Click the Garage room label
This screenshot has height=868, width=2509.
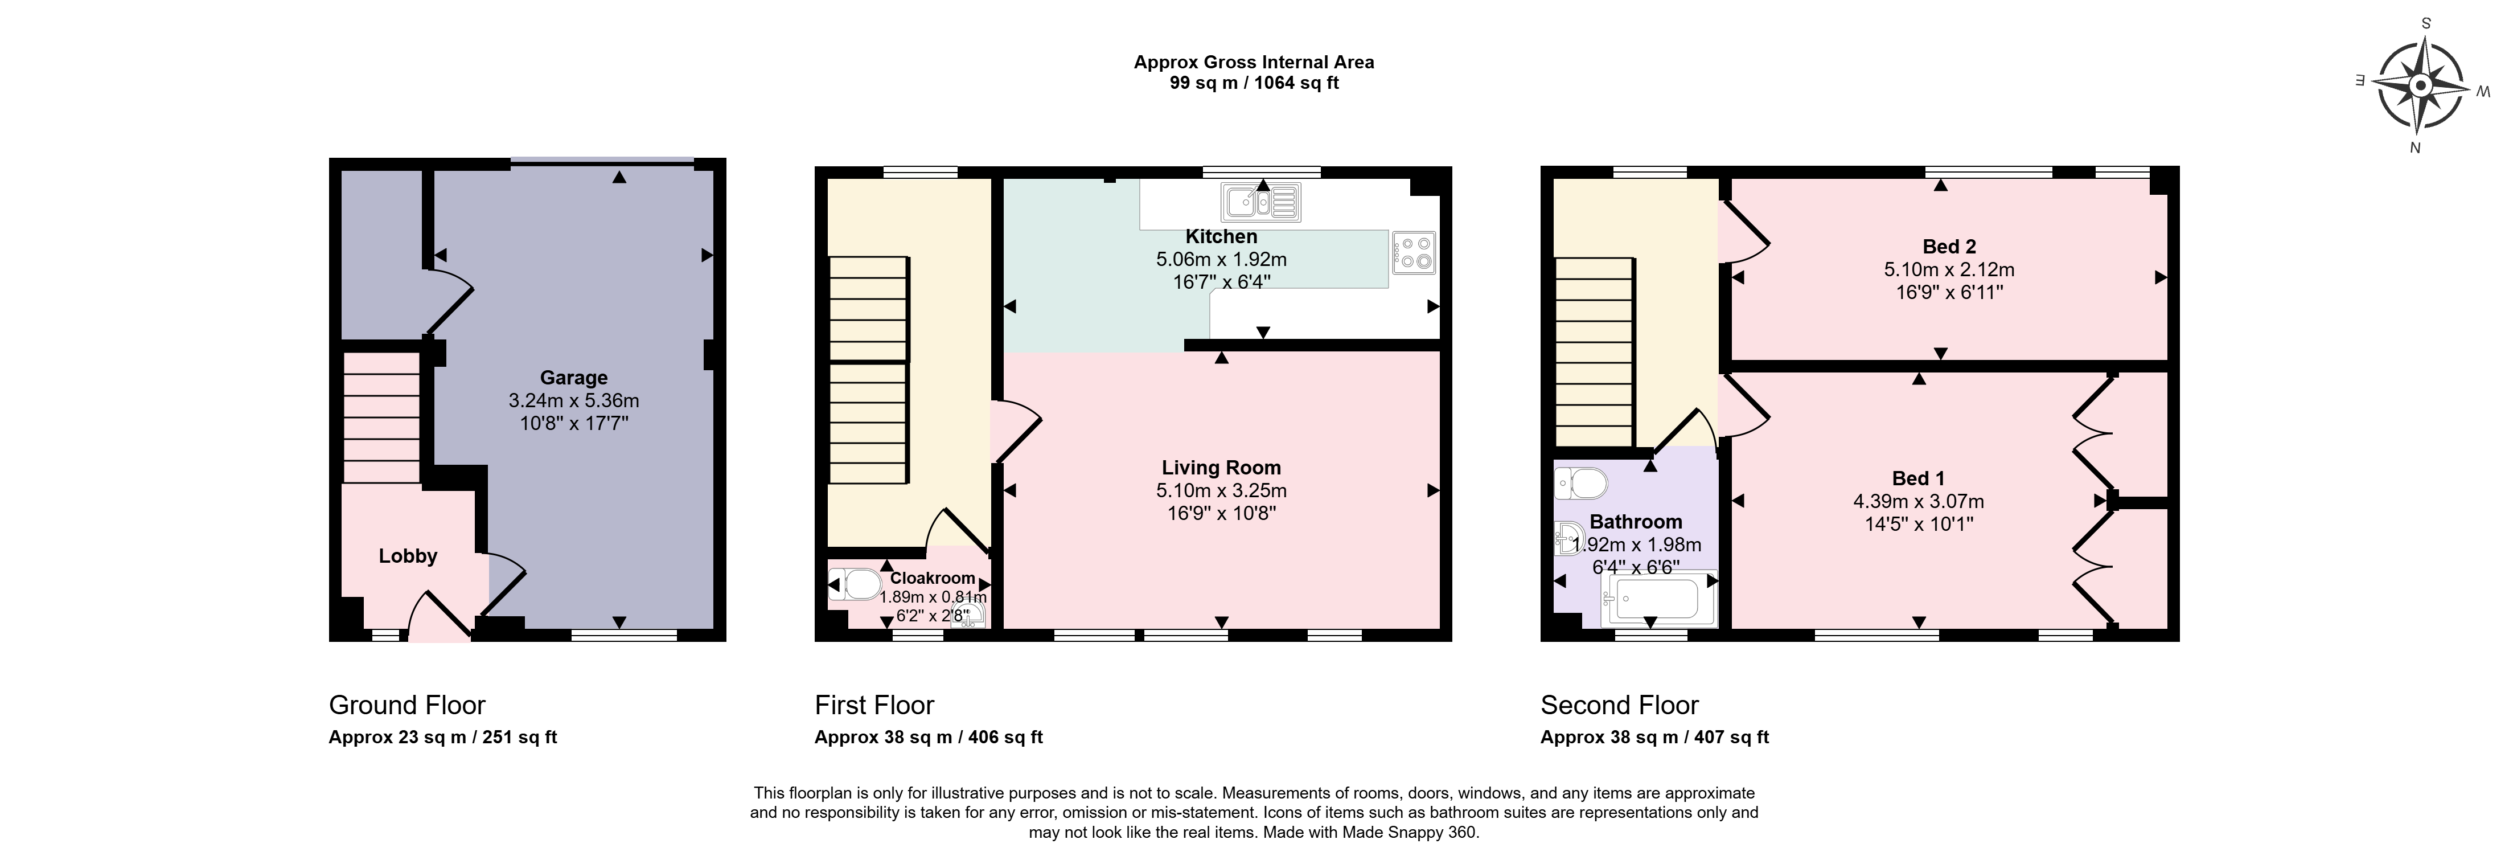574,378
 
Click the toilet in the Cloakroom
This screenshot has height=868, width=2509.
857,584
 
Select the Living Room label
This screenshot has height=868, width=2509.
1221,468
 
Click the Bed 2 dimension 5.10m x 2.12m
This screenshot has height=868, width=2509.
1949,270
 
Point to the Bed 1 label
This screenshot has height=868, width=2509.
1919,478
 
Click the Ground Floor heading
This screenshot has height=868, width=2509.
407,705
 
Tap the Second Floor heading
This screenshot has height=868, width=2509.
1620,705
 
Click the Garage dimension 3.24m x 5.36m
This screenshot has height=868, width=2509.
574,400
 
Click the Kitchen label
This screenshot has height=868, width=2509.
1221,237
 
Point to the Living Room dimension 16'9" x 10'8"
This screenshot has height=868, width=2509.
1221,513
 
